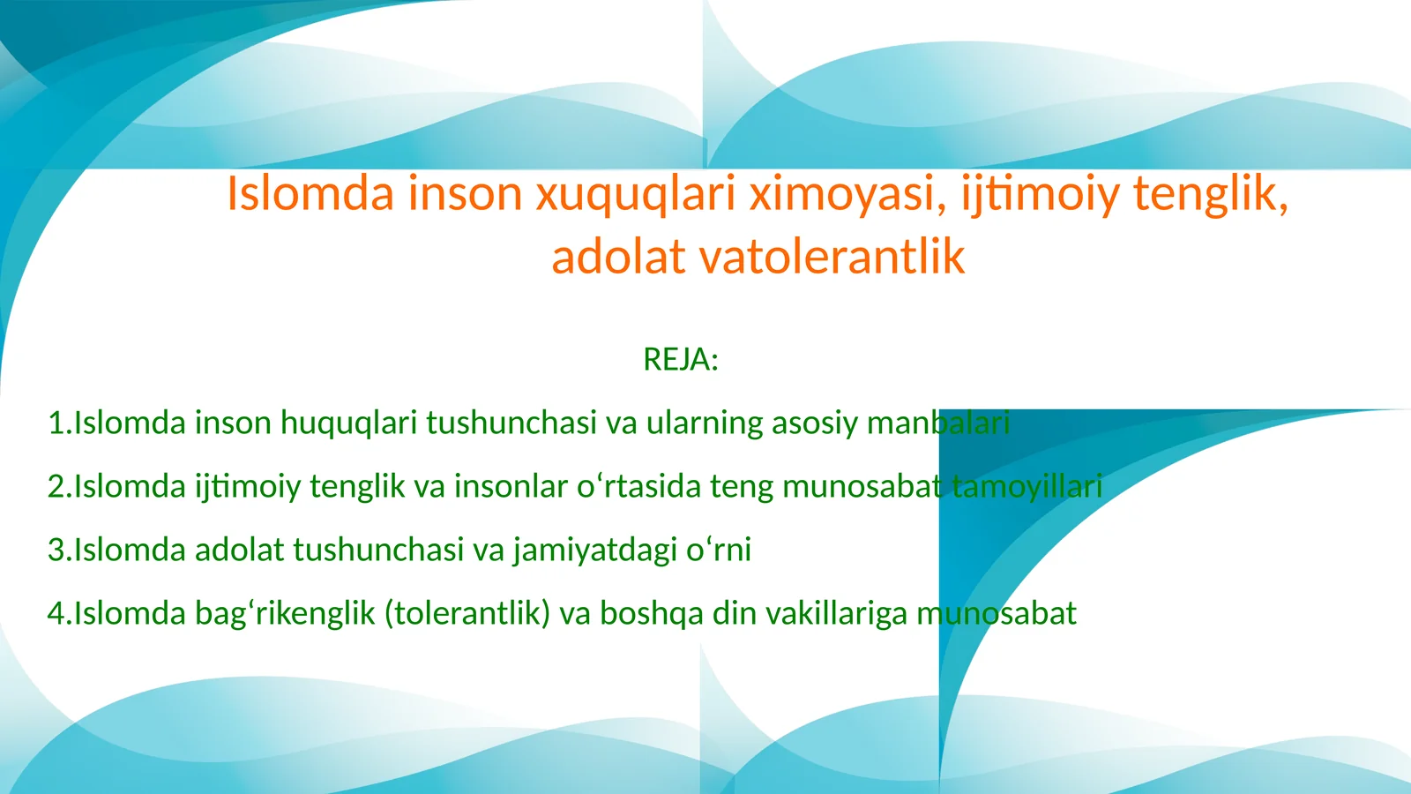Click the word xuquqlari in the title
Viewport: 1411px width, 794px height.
635,193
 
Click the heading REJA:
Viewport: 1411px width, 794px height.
681,360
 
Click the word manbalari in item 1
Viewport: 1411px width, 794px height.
938,423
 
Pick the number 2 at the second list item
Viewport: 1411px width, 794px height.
57,487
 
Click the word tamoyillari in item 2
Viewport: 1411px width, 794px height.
1027,487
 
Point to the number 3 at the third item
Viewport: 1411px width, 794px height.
57,551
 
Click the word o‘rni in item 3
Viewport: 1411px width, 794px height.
719,551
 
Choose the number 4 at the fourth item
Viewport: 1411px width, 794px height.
57,614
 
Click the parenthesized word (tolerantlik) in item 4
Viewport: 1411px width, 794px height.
467,614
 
